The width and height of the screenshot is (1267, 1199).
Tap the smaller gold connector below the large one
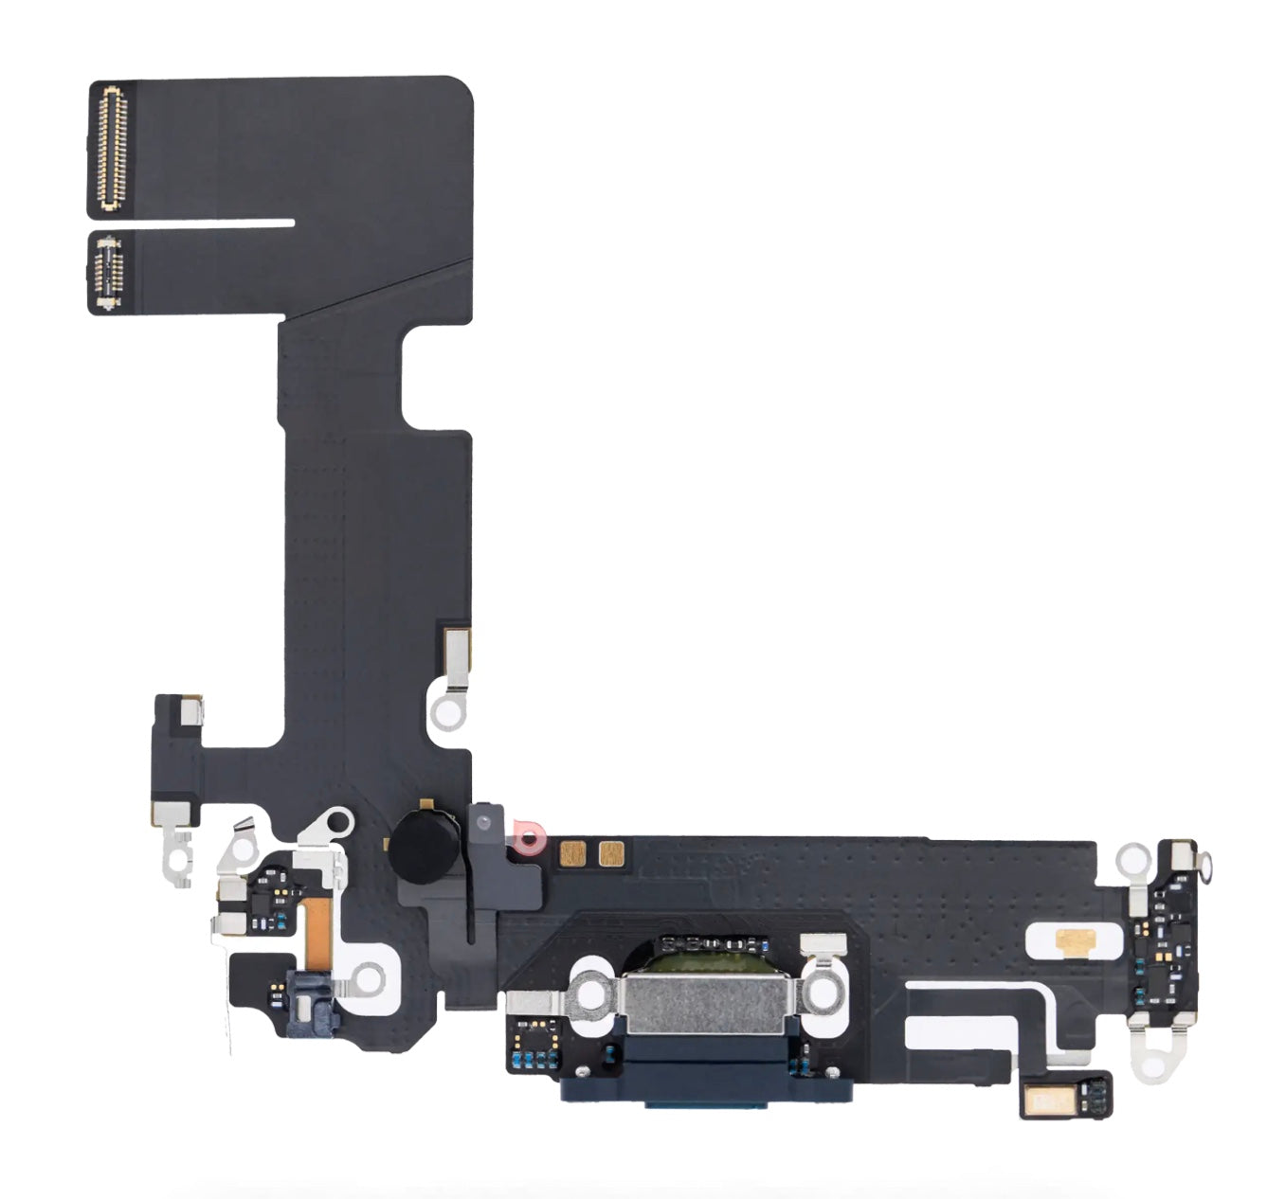tap(107, 273)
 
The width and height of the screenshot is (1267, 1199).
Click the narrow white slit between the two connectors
tap(218, 224)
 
